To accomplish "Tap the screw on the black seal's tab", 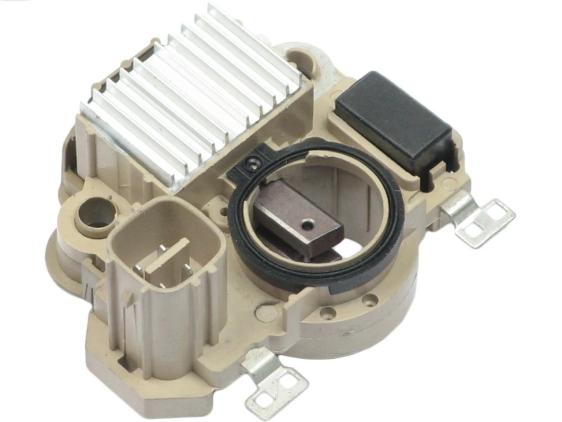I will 251,164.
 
